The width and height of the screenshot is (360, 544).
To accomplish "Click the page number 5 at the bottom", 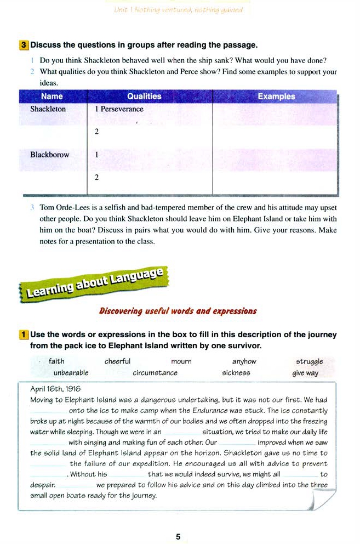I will click(178, 536).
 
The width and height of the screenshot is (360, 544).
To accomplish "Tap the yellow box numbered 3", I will click(24, 45).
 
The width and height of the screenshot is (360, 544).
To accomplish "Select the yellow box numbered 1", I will click(24, 335).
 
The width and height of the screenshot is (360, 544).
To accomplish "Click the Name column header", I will click(53, 97).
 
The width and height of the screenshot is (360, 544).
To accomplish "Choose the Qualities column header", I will click(145, 97).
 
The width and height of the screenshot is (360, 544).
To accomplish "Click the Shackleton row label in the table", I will click(48, 109).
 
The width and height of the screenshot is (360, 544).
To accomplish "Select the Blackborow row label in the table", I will click(50, 155).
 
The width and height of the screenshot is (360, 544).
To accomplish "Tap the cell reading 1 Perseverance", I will click(119, 109).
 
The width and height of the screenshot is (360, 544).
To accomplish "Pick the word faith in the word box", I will click(56, 361).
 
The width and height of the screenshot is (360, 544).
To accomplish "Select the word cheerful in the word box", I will click(117, 361).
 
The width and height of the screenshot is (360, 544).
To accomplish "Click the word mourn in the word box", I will click(181, 361).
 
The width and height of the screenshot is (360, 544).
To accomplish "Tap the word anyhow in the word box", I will click(244, 361).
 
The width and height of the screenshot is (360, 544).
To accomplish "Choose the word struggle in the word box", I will click(310, 362).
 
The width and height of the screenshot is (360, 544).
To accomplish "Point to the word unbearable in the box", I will click(71, 373).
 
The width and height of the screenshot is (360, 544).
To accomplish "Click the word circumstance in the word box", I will click(155, 373).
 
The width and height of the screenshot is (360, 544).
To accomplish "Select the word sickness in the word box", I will click(236, 373).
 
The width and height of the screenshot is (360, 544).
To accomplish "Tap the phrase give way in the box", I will click(305, 373).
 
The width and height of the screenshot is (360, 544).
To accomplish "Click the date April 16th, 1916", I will click(55, 389).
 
